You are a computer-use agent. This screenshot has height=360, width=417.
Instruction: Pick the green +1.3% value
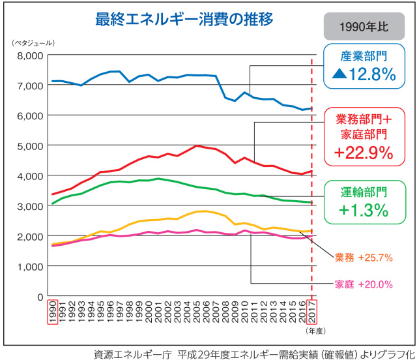[x=363, y=210]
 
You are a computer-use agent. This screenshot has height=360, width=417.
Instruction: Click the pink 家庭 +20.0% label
[x=364, y=284]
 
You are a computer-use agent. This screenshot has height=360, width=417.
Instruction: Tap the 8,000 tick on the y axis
[x=28, y=55]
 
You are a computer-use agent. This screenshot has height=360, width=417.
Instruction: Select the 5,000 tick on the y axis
[x=28, y=145]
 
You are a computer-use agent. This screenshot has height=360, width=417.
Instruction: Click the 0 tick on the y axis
[x=40, y=297]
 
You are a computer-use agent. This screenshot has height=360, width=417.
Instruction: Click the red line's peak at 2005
[x=197, y=145]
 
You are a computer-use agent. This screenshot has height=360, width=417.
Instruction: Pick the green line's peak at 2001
[x=158, y=179]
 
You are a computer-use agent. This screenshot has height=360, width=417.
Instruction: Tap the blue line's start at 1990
[x=53, y=82]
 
